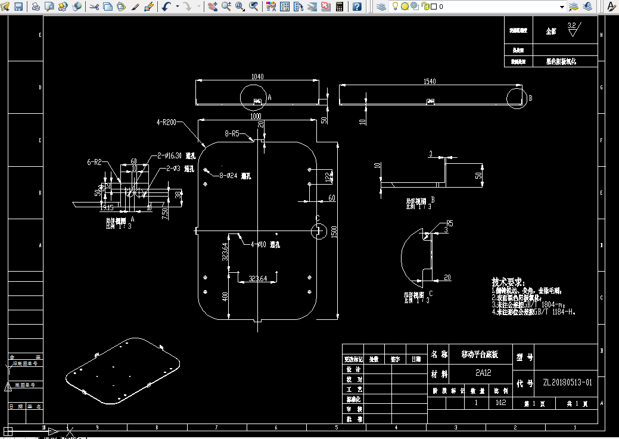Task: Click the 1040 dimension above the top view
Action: click(257, 76)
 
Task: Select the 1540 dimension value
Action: click(430, 81)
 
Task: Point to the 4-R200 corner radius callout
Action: click(166, 122)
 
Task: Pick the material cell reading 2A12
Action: click(484, 374)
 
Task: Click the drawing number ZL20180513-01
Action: click(567, 382)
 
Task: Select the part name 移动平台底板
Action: click(480, 354)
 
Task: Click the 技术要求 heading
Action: click(508, 281)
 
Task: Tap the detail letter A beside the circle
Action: click(269, 96)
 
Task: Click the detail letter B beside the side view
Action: click(530, 98)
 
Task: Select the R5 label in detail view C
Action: click(449, 223)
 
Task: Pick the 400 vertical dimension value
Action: click(225, 297)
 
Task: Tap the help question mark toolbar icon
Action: click(356, 7)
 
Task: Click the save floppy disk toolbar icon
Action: click(18, 7)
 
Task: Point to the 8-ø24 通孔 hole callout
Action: click(236, 176)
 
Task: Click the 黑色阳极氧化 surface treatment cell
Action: click(561, 61)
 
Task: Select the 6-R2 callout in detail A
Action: click(94, 162)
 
